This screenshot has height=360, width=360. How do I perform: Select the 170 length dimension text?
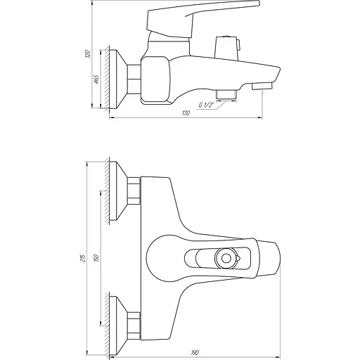tap(185, 113)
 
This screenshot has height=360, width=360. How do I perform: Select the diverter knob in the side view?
tap(228, 49)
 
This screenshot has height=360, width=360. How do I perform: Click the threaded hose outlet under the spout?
tap(226, 93)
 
